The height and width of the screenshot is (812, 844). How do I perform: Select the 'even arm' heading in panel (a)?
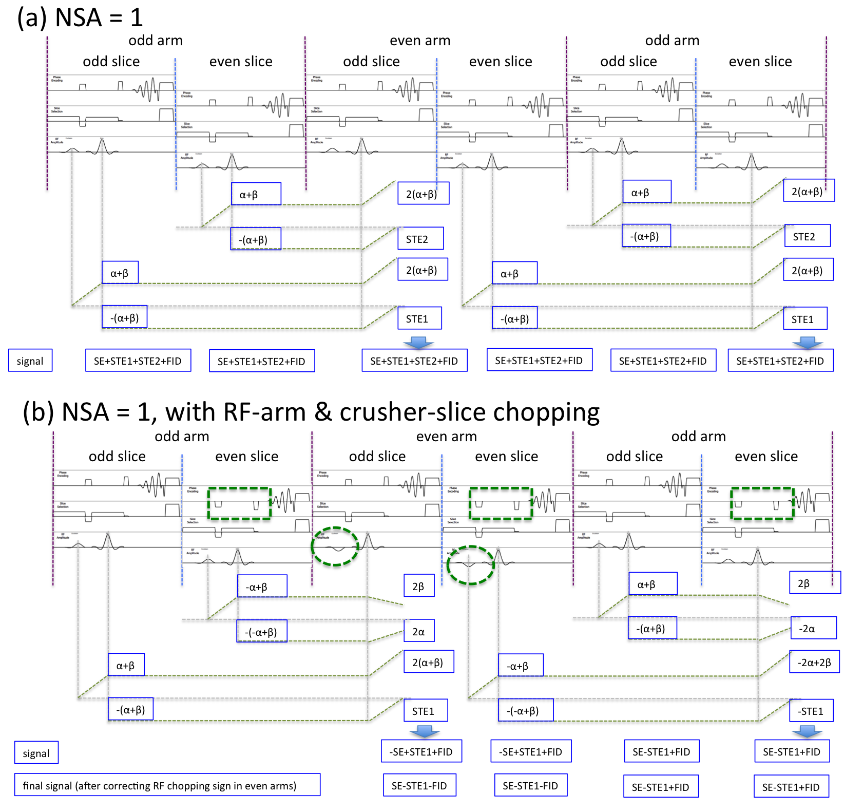[420, 41]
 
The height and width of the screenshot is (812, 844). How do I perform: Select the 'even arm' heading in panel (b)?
[446, 437]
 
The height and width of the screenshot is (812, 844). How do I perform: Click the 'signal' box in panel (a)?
[30, 361]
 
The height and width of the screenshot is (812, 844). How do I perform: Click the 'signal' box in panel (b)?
[36, 753]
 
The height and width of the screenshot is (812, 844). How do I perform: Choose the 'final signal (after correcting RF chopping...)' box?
[167, 785]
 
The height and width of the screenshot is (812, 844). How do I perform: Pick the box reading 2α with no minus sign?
[419, 631]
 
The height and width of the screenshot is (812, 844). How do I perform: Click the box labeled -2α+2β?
[814, 663]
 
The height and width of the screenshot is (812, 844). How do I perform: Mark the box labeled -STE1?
[811, 711]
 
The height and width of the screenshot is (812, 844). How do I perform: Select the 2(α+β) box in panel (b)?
[428, 663]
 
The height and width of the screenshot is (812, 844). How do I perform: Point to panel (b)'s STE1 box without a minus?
[425, 711]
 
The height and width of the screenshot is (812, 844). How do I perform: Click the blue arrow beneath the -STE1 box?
[808, 731]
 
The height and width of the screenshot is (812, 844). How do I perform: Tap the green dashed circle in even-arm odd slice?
[335, 546]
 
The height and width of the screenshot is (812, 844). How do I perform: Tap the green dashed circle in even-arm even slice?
[470, 565]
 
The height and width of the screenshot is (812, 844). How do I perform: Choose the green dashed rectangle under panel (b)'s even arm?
[501, 504]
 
